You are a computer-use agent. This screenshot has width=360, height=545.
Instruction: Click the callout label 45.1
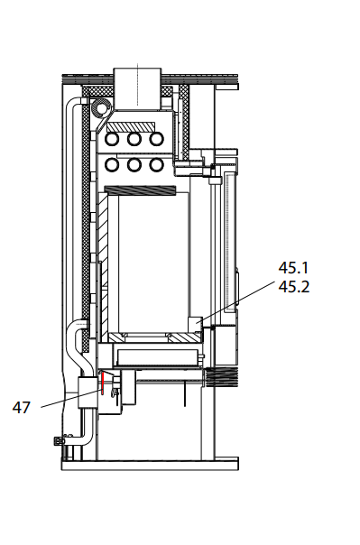pos(293,268)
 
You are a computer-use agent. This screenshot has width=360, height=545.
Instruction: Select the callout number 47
pos(22,407)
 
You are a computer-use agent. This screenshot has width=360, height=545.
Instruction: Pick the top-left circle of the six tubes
pos(113,140)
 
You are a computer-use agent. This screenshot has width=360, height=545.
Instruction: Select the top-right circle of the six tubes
pos(157,140)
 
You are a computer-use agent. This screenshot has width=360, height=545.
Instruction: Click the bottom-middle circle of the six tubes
pos(135,165)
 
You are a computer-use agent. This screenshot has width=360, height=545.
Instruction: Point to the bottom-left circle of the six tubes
pos(113,165)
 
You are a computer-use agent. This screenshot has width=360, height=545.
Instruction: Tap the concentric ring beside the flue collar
pos(98,109)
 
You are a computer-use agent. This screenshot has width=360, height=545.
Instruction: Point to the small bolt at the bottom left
pos(60,441)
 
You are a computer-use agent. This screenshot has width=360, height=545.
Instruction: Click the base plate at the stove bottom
pos(149,465)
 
